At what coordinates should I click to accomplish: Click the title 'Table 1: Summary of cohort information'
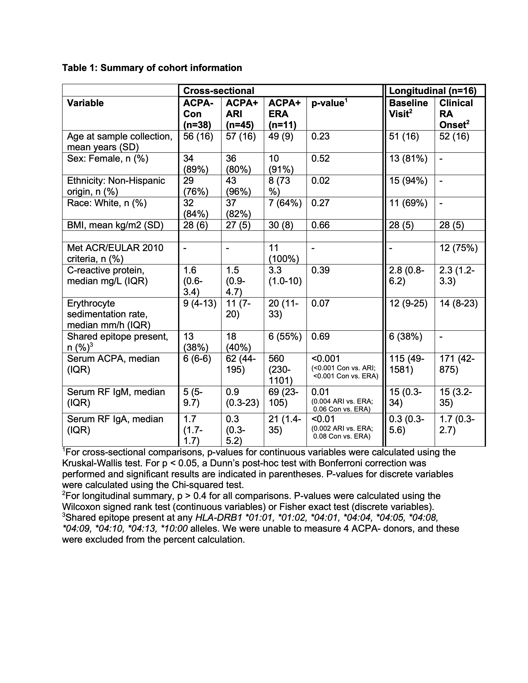click(152, 68)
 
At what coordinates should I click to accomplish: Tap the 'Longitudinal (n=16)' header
click(433, 91)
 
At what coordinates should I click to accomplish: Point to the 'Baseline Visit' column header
click(408, 108)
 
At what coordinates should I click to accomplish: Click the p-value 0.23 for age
click(320, 136)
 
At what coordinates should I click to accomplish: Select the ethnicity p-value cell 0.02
click(320, 181)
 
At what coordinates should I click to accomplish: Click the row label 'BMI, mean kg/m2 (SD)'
click(115, 225)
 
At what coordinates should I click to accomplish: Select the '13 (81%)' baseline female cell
click(408, 159)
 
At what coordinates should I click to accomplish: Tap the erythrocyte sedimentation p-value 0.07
click(320, 303)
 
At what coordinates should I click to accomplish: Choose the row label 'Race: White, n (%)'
click(107, 203)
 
